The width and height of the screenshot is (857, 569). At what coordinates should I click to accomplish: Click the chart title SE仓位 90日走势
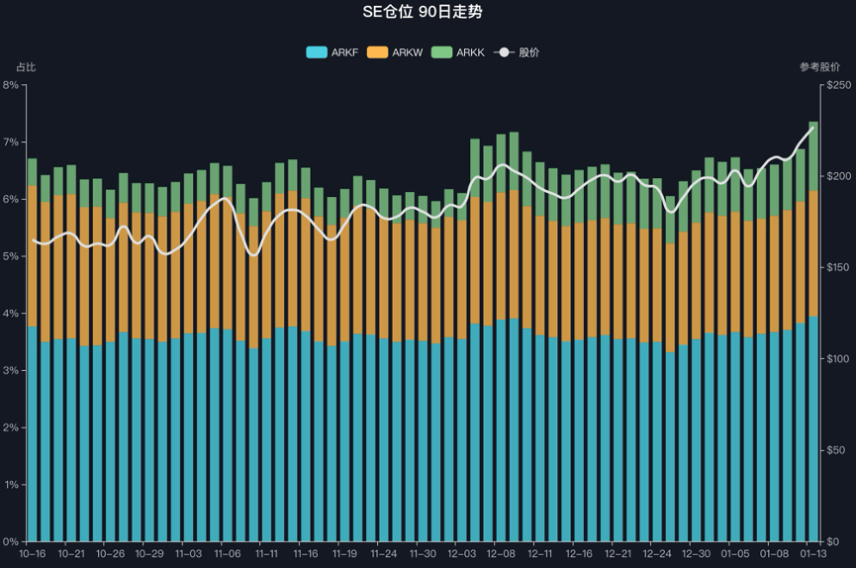coord(428,12)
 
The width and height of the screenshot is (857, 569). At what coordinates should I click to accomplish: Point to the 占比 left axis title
coord(26,67)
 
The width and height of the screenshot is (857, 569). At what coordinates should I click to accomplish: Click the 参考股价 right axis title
coord(819,67)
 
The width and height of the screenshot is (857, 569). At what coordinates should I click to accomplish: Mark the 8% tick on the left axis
coord(12,85)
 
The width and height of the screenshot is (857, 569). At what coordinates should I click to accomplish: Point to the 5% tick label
coord(12,256)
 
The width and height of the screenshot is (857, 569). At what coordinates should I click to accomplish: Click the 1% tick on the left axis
coord(12,485)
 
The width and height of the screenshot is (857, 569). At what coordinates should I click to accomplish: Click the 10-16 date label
coord(33,554)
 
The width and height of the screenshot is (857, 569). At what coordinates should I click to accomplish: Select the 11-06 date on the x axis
coord(228,554)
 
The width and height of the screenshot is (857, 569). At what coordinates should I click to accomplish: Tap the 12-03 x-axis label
coord(462,554)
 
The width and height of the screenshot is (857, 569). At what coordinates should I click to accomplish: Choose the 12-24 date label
coord(657,554)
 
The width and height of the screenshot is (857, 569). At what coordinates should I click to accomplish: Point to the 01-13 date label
coord(812,554)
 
